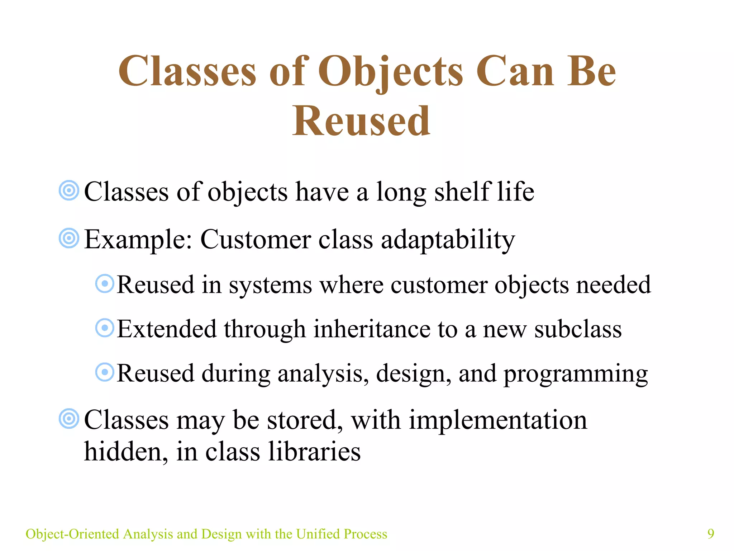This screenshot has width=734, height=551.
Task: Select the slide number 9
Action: [711, 534]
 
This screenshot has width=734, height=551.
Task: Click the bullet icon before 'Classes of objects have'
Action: [69, 190]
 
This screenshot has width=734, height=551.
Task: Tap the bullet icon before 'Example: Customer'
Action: [69, 238]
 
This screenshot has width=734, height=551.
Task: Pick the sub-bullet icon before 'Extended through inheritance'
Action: [105, 328]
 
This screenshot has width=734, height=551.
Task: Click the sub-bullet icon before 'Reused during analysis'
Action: [105, 372]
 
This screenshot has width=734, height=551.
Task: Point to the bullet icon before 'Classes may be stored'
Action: [69, 419]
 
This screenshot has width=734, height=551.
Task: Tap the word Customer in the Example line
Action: [256, 239]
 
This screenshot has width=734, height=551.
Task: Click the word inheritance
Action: [372, 329]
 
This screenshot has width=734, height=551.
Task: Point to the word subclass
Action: [578, 329]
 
